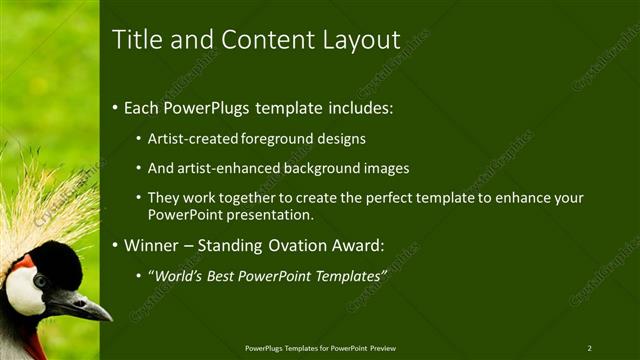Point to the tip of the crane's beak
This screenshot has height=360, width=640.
(x=110, y=318)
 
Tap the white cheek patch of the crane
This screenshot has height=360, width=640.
(x=23, y=291)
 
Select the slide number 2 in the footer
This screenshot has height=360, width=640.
(x=589, y=348)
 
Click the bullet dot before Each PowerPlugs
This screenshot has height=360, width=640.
(x=115, y=107)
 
